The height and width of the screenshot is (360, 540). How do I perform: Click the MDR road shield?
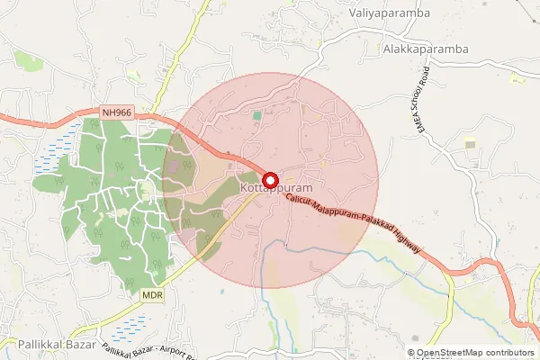click(x=151, y=294)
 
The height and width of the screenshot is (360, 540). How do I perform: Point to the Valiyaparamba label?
click(x=389, y=13)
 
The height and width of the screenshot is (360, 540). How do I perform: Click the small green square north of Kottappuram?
click(x=257, y=115)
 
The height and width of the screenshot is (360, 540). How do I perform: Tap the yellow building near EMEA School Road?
click(x=470, y=144)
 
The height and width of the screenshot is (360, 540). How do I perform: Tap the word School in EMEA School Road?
click(x=418, y=117)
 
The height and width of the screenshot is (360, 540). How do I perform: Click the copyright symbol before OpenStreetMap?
click(x=411, y=353)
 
